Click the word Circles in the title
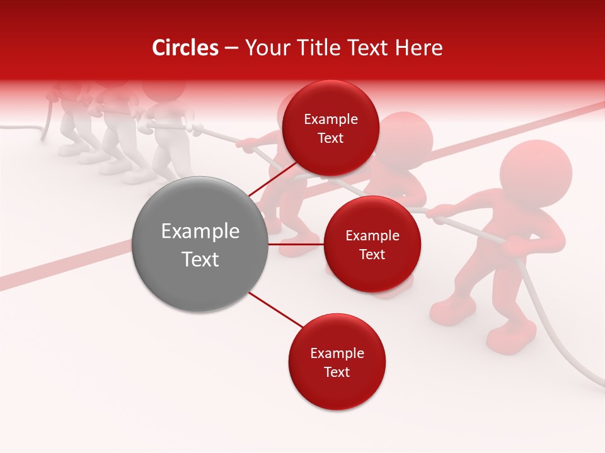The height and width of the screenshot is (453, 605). click(x=185, y=48)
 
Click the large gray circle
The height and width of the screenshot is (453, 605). click(x=200, y=244)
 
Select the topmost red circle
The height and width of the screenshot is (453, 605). click(x=330, y=128)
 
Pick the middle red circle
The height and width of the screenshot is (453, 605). click(x=372, y=244)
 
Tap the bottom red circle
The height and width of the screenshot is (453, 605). click(x=337, y=362)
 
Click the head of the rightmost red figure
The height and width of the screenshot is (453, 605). click(x=536, y=173)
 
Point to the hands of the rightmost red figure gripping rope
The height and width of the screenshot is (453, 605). click(x=441, y=214)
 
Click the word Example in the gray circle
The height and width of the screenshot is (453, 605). click(x=200, y=232)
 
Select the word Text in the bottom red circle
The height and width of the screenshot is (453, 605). click(x=337, y=372)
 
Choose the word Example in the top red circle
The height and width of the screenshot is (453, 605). click(x=330, y=119)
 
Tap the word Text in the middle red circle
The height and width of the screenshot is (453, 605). click(x=372, y=254)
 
